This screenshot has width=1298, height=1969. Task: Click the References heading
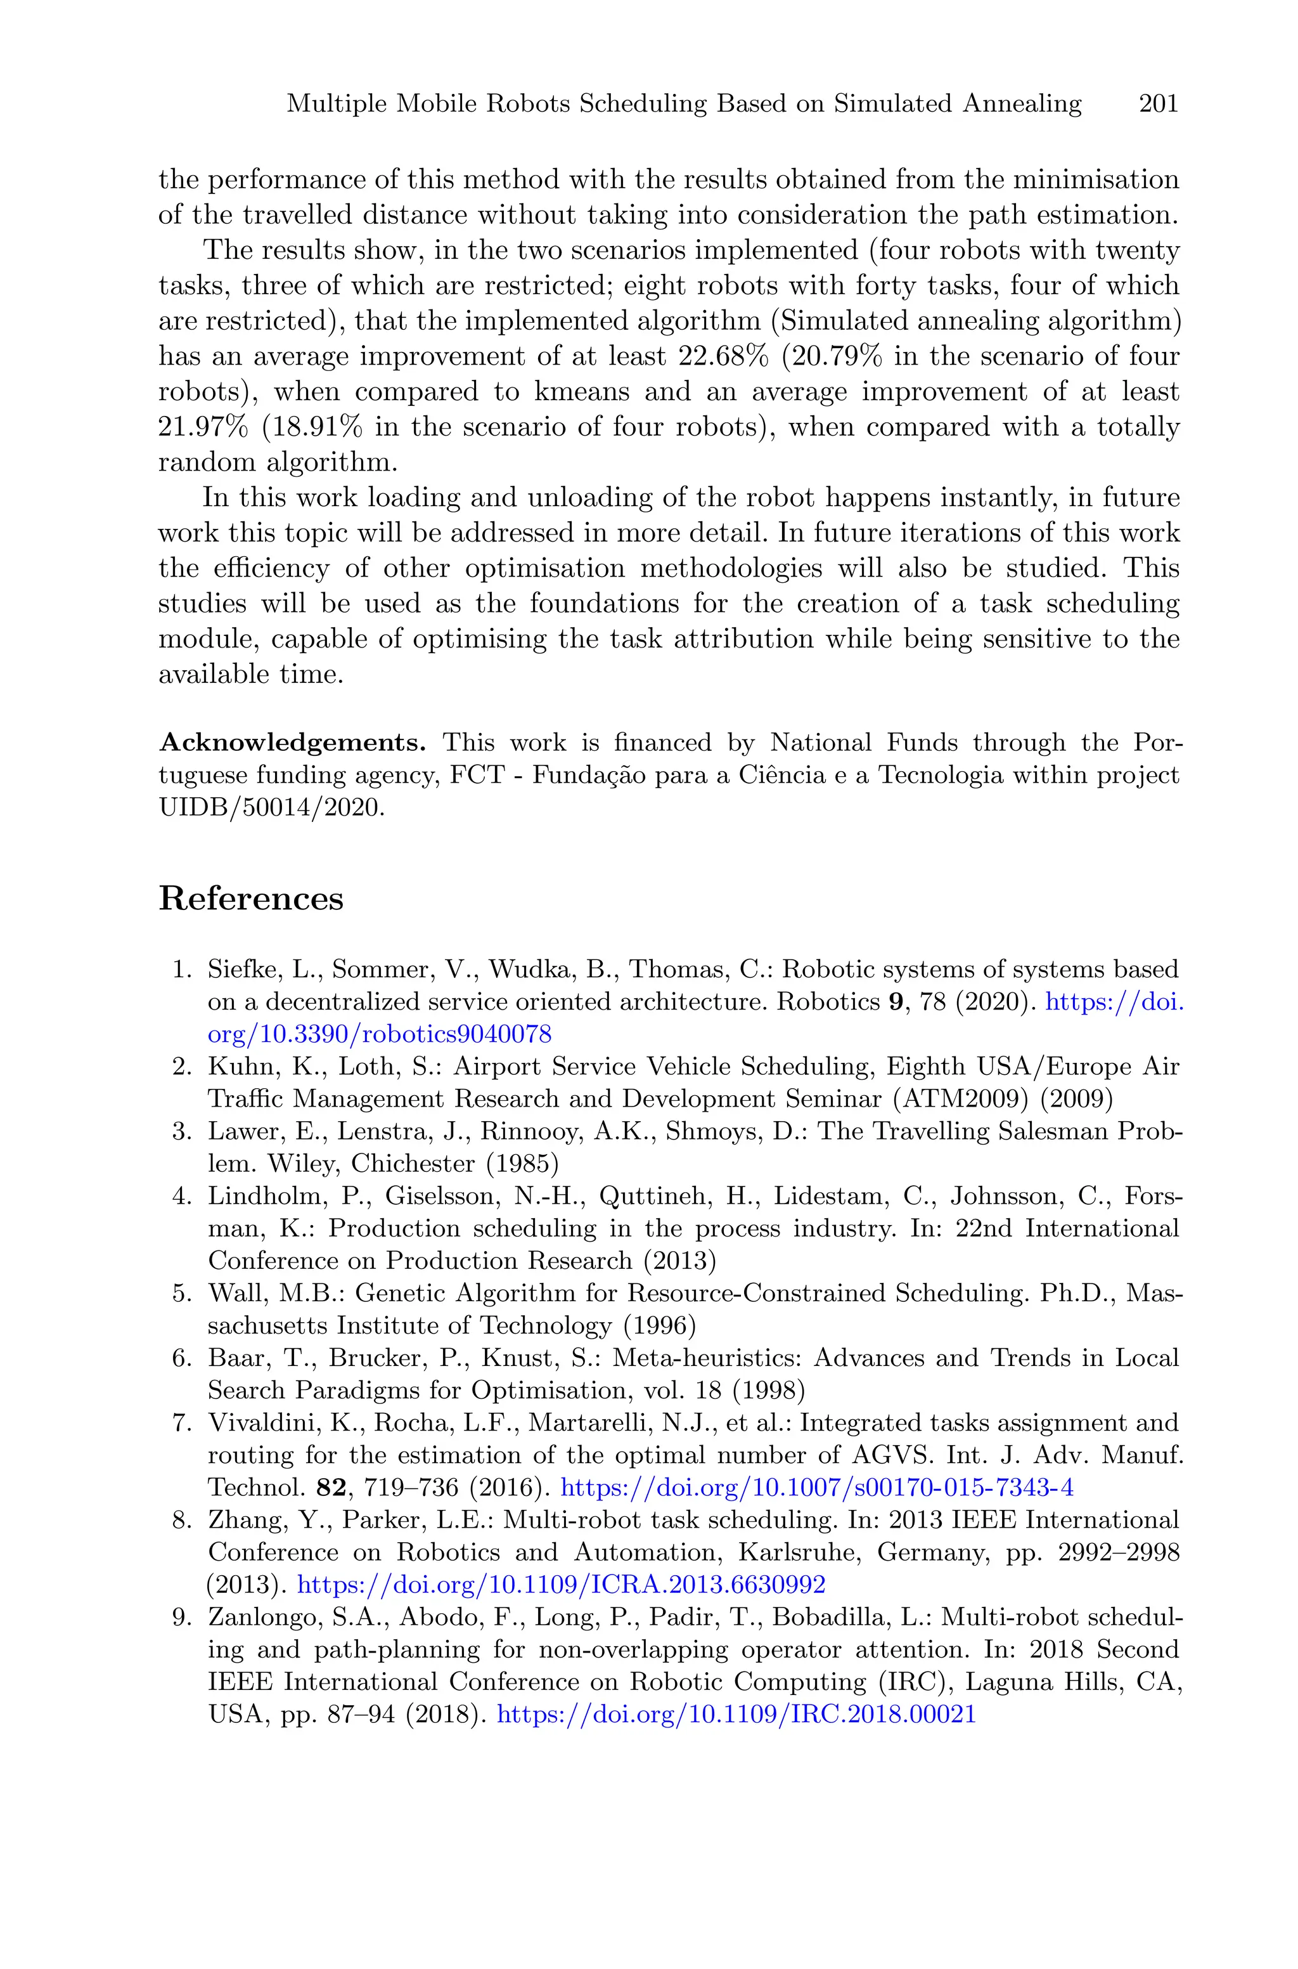click(x=251, y=899)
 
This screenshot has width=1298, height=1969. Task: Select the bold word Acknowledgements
click(x=292, y=742)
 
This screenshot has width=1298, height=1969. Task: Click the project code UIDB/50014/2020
click(x=271, y=808)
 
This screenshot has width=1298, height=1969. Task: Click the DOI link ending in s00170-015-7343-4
click(x=817, y=1488)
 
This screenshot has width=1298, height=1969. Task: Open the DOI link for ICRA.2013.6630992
click(x=560, y=1585)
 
